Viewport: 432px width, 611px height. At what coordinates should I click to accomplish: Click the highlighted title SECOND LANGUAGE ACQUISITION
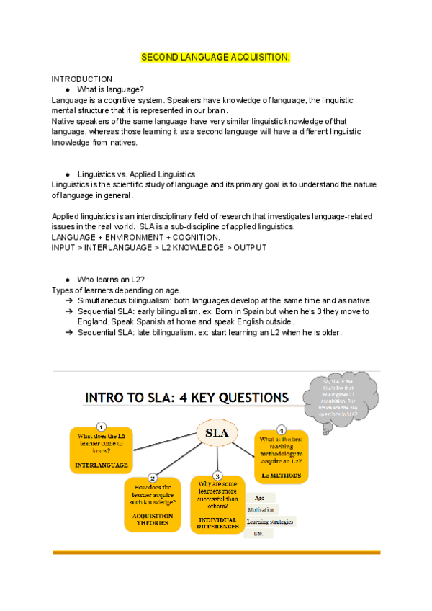(215, 56)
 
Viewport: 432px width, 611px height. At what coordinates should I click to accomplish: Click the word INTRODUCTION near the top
(83, 78)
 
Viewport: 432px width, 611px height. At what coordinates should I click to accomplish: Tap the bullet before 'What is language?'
(67, 89)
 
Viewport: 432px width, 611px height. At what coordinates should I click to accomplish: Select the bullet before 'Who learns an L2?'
(67, 279)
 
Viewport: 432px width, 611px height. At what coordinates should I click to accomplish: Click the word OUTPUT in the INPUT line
(248, 247)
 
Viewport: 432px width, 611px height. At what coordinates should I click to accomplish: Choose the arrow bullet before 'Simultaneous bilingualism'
(68, 300)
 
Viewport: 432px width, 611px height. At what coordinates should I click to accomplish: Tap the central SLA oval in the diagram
(217, 434)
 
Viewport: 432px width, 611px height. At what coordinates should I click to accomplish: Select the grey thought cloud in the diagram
(340, 398)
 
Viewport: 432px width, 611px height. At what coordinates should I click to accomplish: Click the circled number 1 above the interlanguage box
(102, 427)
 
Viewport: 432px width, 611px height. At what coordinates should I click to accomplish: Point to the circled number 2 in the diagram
(153, 478)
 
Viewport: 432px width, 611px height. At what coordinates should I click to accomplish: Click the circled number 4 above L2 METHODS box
(282, 429)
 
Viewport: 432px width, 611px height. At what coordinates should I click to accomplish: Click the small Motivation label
(261, 509)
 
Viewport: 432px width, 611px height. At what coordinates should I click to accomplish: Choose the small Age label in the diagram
(259, 497)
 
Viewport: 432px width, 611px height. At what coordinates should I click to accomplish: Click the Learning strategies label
(270, 522)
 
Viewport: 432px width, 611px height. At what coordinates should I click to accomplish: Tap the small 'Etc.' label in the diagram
(258, 534)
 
